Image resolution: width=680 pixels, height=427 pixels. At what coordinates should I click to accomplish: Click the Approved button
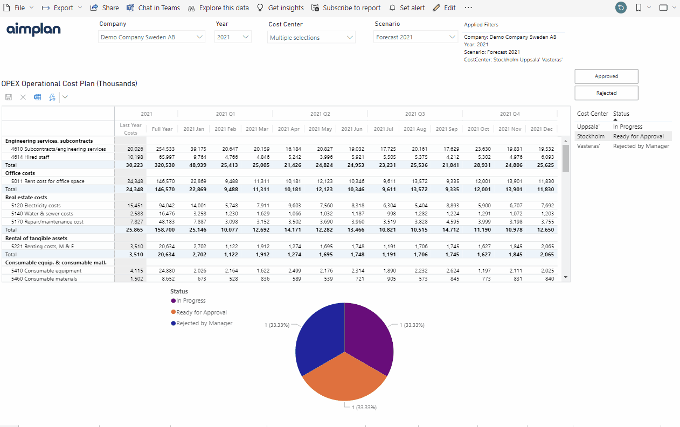[606, 76]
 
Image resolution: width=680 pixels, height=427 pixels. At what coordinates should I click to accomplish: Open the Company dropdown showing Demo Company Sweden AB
[151, 37]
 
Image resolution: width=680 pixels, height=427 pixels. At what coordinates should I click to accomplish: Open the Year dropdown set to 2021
[233, 37]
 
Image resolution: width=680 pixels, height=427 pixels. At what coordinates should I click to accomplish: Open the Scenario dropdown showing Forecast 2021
[415, 37]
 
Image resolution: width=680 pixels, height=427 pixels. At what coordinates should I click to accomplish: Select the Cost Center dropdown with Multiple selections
[311, 37]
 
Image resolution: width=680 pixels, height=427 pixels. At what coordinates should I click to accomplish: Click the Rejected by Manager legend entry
[202, 323]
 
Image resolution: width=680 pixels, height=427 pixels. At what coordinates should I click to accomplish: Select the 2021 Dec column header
[542, 129]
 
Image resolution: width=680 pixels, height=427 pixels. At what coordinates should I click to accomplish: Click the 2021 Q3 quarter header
[415, 114]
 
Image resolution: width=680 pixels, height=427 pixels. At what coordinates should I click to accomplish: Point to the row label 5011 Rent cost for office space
[47, 181]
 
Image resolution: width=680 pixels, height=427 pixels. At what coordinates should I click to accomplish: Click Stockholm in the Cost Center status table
[591, 136]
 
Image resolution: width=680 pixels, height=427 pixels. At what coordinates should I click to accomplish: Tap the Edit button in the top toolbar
[445, 8]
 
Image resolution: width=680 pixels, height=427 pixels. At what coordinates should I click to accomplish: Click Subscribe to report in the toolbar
[346, 8]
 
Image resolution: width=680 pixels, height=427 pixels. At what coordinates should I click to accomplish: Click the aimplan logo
[33, 29]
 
